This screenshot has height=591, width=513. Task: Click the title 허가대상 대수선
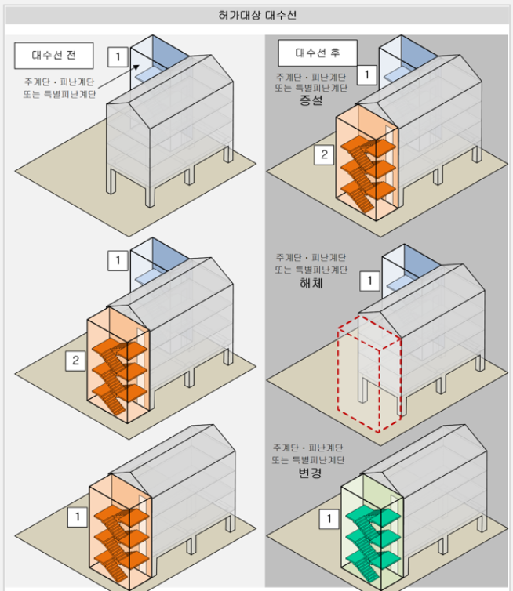click(257, 15)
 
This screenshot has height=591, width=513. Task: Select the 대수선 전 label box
click(53, 55)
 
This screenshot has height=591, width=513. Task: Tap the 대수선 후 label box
click(317, 53)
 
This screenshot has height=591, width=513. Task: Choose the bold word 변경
click(311, 474)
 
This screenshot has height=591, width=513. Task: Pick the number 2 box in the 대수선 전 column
click(75, 361)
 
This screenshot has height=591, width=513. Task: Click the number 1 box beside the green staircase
click(330, 518)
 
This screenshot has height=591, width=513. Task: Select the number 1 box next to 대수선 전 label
click(117, 56)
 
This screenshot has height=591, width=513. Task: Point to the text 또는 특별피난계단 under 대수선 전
click(59, 94)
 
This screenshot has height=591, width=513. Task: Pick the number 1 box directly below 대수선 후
click(367, 74)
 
